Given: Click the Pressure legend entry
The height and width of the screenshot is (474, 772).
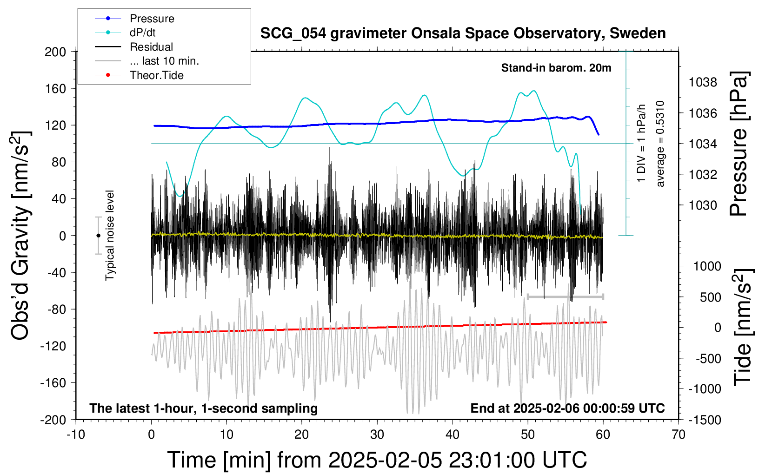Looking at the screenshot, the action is click(x=134, y=18).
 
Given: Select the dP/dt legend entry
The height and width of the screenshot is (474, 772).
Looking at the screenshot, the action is click(x=125, y=33).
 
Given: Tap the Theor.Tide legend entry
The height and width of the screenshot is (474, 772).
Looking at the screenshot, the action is click(x=139, y=75).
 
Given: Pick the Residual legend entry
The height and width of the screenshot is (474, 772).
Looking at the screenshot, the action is click(x=134, y=47).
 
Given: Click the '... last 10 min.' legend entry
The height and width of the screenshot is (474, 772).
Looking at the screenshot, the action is click(x=147, y=61).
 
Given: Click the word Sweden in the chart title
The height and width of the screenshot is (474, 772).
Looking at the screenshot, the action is click(x=638, y=33).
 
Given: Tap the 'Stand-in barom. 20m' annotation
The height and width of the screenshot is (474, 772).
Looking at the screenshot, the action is click(x=556, y=68).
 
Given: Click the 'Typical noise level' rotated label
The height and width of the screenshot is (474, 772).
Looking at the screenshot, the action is click(x=110, y=236).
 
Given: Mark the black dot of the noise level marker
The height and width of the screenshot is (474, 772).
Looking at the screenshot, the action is click(x=98, y=236).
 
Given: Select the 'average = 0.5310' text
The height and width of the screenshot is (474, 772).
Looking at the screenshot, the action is click(x=659, y=144).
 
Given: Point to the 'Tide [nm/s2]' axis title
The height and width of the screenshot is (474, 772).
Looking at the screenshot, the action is click(x=743, y=327).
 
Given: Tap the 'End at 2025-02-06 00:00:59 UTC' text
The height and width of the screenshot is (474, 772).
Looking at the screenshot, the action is click(x=568, y=408).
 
